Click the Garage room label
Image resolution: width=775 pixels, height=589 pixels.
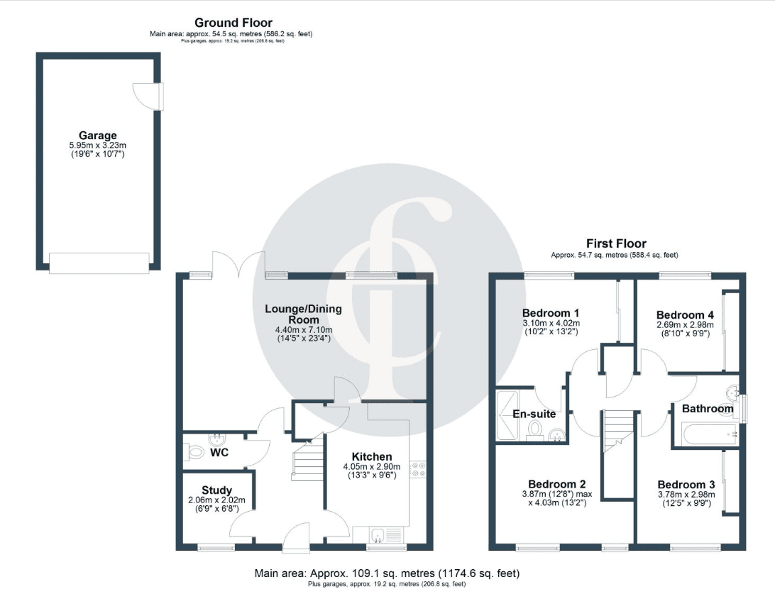[98, 135]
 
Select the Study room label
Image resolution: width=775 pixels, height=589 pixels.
[216, 490]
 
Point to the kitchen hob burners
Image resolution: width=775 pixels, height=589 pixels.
[417, 469]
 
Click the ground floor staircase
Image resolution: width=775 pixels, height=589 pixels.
[307, 460]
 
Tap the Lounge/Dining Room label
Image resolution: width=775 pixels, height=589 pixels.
[304, 314]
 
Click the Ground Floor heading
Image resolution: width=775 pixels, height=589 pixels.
[233, 23]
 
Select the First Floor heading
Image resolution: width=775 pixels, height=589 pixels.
[616, 243]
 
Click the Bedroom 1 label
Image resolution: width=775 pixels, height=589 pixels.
[551, 313]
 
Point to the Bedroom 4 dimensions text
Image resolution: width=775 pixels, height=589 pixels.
[685, 329]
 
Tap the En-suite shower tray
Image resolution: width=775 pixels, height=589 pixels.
[507, 416]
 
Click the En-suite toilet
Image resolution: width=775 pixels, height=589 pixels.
[534, 430]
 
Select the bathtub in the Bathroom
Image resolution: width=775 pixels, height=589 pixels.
[709, 434]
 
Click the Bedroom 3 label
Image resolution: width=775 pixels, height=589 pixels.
[686, 484]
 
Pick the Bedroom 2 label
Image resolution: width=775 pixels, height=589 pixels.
[557, 484]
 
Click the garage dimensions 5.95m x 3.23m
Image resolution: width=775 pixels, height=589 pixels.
[98, 145]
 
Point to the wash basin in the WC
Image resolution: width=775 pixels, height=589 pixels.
[217, 439]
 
